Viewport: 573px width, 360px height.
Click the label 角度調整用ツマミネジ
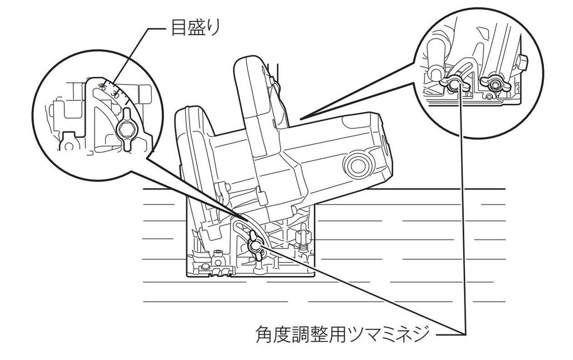click(342, 335)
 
